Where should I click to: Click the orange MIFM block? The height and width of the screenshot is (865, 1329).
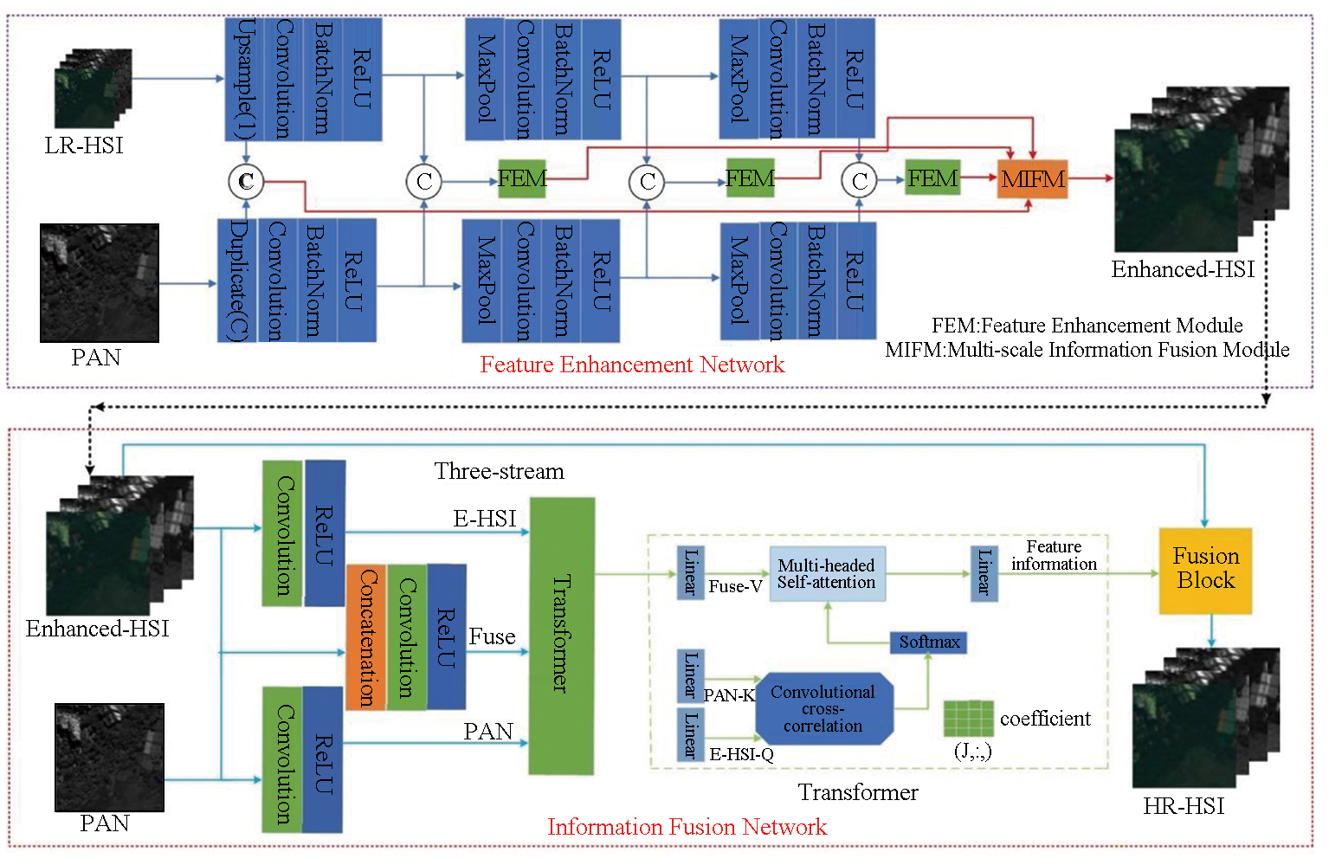(x=1032, y=179)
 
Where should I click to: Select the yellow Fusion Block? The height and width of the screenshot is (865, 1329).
(x=1205, y=571)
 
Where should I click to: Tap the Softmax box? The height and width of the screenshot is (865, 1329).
(x=928, y=642)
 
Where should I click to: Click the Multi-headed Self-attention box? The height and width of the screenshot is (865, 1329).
(x=827, y=573)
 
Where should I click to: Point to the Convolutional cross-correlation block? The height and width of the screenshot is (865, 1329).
(x=823, y=709)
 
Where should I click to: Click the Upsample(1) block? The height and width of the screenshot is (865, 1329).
(x=244, y=79)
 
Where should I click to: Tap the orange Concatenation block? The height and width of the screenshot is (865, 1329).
(x=366, y=636)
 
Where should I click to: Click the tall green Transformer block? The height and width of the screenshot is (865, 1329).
(x=561, y=635)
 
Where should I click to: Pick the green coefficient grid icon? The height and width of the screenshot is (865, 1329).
(x=968, y=718)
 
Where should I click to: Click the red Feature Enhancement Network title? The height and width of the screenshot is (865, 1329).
(x=632, y=365)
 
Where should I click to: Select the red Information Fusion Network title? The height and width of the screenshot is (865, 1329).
(x=687, y=827)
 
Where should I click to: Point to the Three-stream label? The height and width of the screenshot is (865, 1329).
(x=499, y=471)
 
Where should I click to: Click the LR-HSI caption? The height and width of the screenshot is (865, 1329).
(x=84, y=145)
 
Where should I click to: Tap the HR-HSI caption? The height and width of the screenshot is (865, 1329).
(x=1184, y=806)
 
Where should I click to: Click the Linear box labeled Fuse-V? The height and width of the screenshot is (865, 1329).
(x=690, y=572)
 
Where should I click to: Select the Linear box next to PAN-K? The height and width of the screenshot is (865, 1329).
(x=690, y=675)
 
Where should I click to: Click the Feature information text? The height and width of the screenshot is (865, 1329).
(x=1054, y=555)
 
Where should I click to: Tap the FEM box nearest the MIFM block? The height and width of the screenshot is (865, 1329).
(x=932, y=178)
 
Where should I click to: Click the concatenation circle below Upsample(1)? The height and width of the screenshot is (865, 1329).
(x=246, y=181)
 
